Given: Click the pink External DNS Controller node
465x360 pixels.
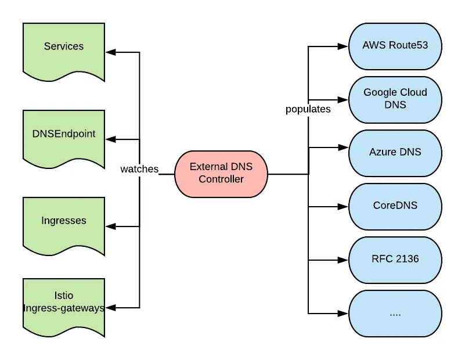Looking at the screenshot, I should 221,174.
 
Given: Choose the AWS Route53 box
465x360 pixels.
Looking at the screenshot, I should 395,46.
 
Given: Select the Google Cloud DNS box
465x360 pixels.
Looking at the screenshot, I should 395,99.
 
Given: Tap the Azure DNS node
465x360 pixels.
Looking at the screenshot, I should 395,153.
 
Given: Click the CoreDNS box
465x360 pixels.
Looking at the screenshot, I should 395,206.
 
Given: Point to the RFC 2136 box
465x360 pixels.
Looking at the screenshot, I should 395,260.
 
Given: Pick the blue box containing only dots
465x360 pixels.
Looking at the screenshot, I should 395,314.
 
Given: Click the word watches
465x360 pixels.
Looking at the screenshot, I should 139,169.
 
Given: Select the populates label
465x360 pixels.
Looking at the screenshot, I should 308,109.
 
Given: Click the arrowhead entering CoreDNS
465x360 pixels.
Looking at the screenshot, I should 344,206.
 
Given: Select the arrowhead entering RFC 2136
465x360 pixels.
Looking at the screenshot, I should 344,260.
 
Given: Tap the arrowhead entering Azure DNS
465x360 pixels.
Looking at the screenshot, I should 344,148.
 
